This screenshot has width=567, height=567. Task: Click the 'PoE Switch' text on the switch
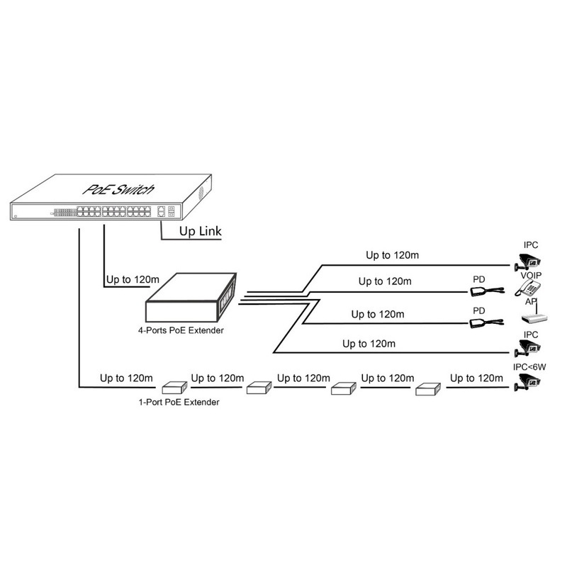118,189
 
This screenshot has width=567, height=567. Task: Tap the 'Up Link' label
201,231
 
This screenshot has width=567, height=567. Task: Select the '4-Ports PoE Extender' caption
181,330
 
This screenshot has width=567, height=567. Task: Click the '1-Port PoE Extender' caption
179,402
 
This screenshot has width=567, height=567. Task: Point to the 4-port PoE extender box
191,297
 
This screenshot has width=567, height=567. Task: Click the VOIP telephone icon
527,288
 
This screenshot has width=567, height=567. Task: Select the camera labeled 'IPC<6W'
527,382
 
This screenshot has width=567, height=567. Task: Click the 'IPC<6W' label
529,367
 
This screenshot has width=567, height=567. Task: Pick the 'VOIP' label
531,275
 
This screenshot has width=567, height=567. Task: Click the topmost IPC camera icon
527,262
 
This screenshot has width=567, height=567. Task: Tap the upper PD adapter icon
487,291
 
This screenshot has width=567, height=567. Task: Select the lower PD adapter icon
486,322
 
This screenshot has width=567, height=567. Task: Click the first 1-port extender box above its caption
174,388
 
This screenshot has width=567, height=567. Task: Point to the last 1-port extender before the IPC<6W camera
428,389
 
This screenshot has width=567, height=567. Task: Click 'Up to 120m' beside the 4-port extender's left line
133,279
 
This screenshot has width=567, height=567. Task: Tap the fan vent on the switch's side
201,193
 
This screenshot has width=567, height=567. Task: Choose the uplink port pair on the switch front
162,211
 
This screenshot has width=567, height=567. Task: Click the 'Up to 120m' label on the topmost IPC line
393,255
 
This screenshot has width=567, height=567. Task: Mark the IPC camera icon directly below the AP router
527,348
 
